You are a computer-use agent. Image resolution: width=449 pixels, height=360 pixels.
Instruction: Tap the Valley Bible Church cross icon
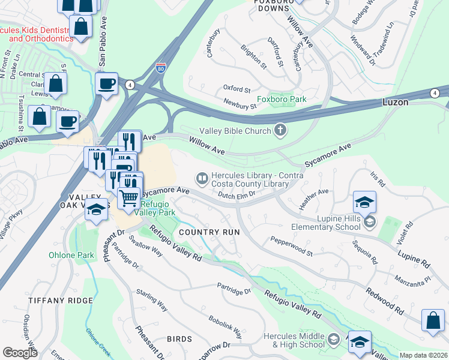click(279, 129)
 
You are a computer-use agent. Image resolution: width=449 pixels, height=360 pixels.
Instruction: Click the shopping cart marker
click(128, 198)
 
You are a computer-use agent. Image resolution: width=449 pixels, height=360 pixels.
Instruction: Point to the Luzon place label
click(396, 103)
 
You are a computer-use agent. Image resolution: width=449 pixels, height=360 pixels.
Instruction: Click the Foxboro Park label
click(282, 99)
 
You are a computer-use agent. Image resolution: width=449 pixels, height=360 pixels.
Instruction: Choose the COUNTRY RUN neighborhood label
click(209, 232)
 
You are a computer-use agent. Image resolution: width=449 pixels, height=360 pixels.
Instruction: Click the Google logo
click(20, 353)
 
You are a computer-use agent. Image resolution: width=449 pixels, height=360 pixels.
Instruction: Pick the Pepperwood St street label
click(292, 247)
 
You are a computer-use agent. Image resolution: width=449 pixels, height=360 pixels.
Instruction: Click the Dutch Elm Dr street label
click(237, 194)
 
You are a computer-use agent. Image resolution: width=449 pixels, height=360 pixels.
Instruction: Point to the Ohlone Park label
click(71, 255)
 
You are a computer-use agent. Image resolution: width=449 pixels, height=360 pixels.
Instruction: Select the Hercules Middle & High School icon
click(333, 341)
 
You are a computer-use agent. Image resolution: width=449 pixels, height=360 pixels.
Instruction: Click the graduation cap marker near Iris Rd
click(364, 202)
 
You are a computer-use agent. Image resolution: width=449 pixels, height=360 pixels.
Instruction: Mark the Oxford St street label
click(237, 88)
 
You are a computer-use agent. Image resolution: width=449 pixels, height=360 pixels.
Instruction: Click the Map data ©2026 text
click(424, 355)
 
